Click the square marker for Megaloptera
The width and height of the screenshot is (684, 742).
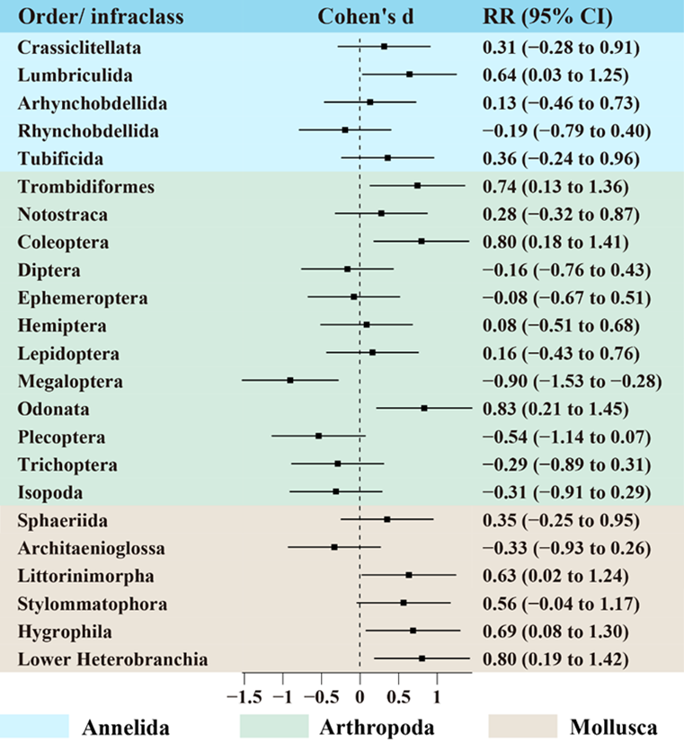click(290, 380)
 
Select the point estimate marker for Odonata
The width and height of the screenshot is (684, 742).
click(424, 408)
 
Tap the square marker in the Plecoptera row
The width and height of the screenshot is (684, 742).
click(318, 436)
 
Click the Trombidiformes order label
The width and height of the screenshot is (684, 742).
click(85, 187)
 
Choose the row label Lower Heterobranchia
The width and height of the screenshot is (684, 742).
click(112, 659)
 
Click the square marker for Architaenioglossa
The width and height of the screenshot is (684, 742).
click(334, 546)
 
